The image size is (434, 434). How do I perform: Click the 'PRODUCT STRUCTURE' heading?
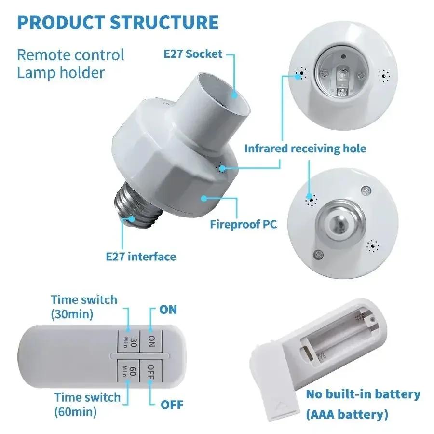[x=118, y=23]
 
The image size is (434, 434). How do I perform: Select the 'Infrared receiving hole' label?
[x=305, y=148]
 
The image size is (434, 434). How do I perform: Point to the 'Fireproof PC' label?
[x=244, y=224]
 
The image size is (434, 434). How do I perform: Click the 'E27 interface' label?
[x=141, y=256]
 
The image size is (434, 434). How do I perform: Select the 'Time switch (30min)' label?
[x=84, y=307]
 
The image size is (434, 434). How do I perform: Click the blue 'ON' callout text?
[x=168, y=309]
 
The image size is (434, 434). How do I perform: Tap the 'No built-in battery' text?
[x=363, y=394]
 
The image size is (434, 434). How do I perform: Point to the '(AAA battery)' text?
[x=347, y=414]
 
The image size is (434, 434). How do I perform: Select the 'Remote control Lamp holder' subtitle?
[x=70, y=63]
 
